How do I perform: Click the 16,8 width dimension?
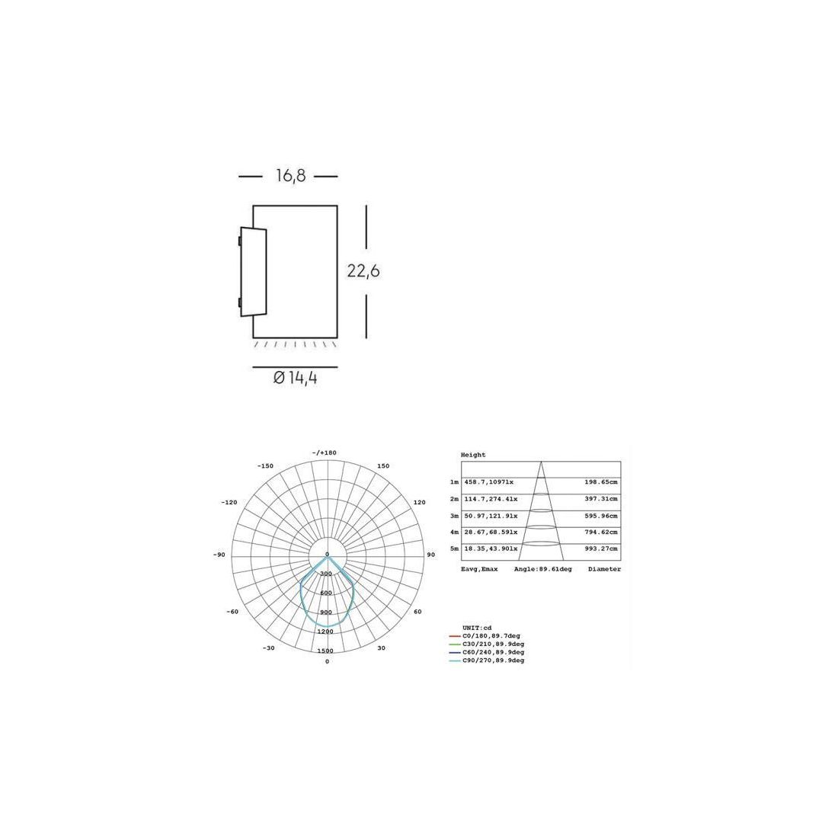[291, 175]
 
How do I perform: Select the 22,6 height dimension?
[363, 271]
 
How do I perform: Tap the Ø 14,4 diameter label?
[295, 378]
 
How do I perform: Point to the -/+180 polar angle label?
[325, 453]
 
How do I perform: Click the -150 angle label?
[265, 466]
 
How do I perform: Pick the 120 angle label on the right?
[420, 502]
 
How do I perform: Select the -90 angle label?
[219, 555]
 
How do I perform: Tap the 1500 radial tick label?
[326, 651]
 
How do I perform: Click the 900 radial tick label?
[326, 613]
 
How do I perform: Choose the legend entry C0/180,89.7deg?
[491, 636]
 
